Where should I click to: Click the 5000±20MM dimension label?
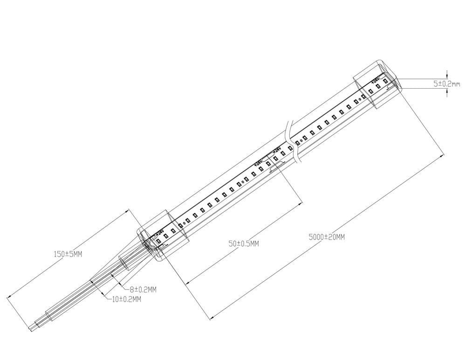click(x=327, y=237)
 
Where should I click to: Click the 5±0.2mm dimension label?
click(x=446, y=84)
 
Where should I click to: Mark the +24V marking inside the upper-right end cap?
click(x=375, y=81)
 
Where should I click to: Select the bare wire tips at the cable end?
click(x=31, y=328)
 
